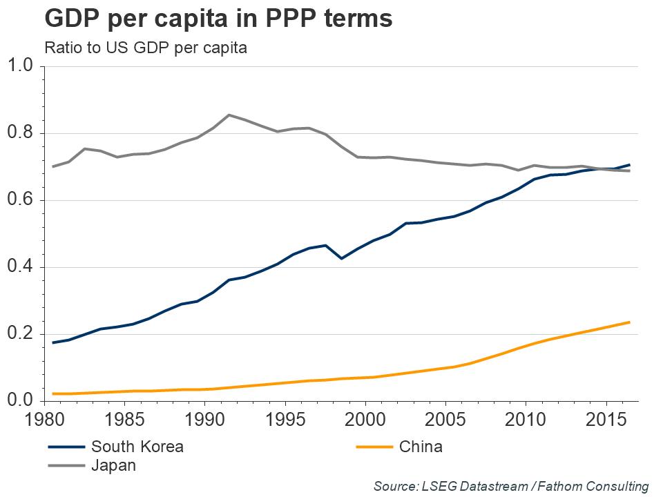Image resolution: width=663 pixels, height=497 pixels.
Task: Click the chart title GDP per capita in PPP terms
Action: click(218, 19)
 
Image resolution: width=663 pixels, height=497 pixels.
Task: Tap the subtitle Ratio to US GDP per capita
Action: click(145, 48)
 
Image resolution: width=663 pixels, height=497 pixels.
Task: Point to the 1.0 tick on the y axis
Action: click(21, 66)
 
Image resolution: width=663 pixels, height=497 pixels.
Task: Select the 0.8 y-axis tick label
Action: click(21, 133)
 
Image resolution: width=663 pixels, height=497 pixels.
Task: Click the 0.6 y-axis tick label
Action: click(21, 200)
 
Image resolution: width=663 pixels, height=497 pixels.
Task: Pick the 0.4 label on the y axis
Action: click(21, 267)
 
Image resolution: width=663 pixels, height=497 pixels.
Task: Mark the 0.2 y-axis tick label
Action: click(21, 334)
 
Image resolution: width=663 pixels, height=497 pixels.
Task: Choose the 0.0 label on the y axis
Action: click(21, 401)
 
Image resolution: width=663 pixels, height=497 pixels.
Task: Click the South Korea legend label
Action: click(137, 447)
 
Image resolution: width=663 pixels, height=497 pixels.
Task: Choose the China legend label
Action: click(421, 447)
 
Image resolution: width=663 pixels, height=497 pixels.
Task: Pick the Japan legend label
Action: click(113, 466)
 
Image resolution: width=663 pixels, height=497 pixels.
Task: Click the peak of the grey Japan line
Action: click(229, 115)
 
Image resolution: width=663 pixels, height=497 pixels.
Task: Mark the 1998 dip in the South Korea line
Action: click(341, 258)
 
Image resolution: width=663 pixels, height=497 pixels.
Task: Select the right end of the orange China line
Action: click(630, 322)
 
